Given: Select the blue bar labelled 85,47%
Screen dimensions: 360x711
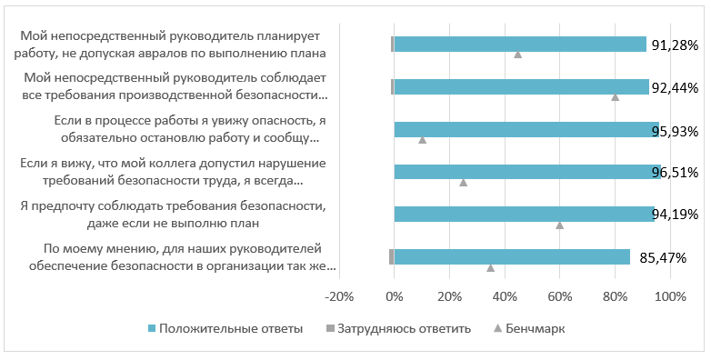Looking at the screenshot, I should [512, 257].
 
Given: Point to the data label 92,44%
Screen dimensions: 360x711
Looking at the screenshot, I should [675, 88].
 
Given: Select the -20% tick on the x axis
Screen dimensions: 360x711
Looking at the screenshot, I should [339, 297].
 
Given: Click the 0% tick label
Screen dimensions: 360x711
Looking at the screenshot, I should [394, 297].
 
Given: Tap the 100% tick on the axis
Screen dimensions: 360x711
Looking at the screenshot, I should [670, 297].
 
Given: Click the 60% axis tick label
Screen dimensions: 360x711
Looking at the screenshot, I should [560, 297].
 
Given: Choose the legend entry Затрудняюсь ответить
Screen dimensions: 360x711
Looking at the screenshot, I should [400, 328].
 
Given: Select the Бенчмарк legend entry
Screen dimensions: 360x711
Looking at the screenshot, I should [534, 328].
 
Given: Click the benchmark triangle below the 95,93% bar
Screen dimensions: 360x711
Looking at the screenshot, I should [422, 140].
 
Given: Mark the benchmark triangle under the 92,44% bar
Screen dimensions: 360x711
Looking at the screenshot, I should [616, 96].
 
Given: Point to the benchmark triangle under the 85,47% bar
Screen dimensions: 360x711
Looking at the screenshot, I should [491, 267].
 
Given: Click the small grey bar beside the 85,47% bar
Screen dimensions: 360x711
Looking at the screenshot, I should [391, 257].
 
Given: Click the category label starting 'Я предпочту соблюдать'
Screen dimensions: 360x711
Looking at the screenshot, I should [173, 213].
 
